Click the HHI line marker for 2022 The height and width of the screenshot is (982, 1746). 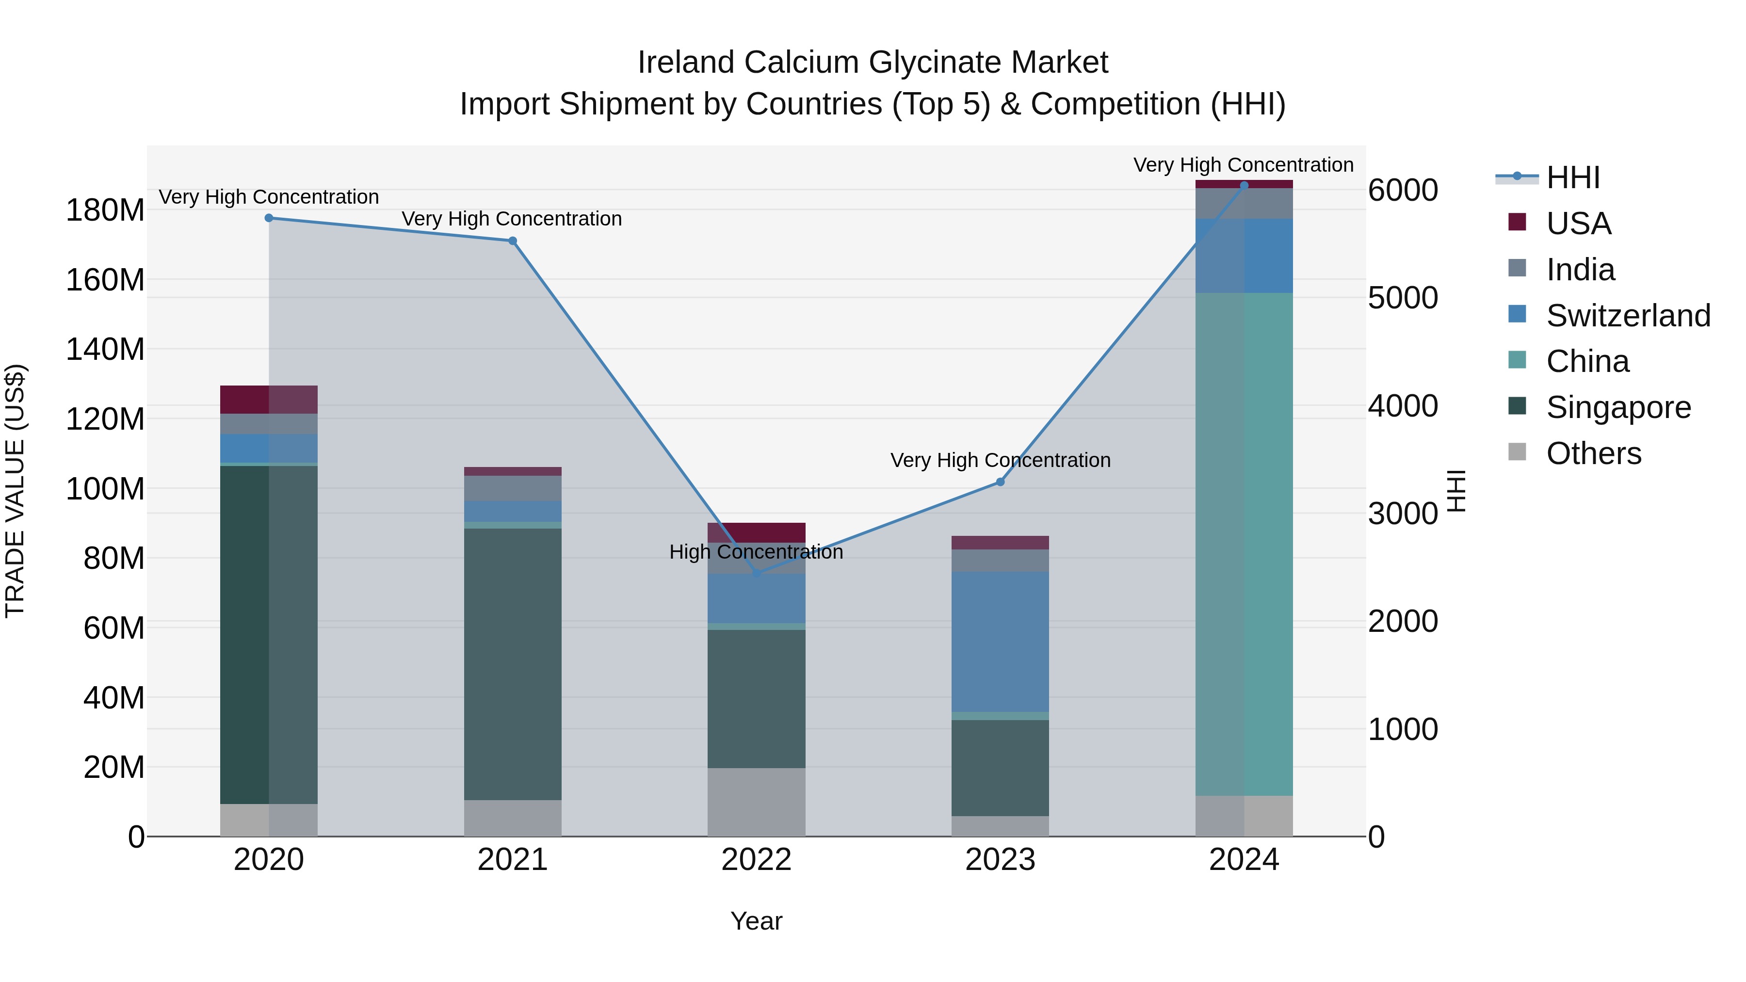(757, 573)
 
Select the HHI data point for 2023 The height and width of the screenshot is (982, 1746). (1001, 482)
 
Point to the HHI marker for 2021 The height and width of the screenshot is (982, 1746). (513, 241)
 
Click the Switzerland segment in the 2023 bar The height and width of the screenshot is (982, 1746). (1001, 641)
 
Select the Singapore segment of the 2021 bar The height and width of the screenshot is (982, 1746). (513, 664)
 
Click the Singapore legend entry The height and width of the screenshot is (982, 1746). (1618, 407)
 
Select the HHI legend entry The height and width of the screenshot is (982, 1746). (1572, 177)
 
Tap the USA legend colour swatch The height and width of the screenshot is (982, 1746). (1517, 222)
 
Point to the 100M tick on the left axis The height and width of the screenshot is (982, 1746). (105, 489)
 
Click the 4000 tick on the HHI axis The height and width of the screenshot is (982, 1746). (1402, 406)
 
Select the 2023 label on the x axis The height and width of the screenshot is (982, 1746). (1001, 860)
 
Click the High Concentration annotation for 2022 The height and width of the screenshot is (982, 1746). (757, 552)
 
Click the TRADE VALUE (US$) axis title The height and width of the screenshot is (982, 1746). (16, 491)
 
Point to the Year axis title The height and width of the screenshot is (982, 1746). (757, 921)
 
